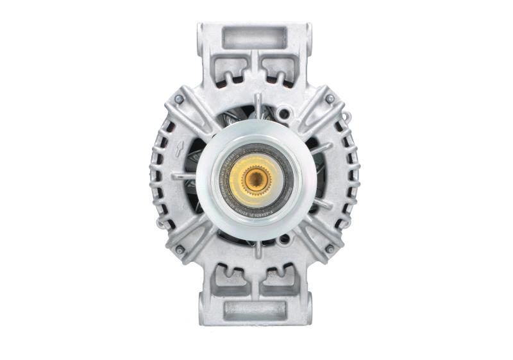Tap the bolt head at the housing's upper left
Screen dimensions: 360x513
point(179,99)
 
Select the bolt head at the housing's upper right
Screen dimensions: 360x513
point(330,99)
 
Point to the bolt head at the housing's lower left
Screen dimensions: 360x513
point(180,249)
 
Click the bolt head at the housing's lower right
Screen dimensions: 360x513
point(330,249)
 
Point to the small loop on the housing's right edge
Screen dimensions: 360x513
point(348,117)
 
